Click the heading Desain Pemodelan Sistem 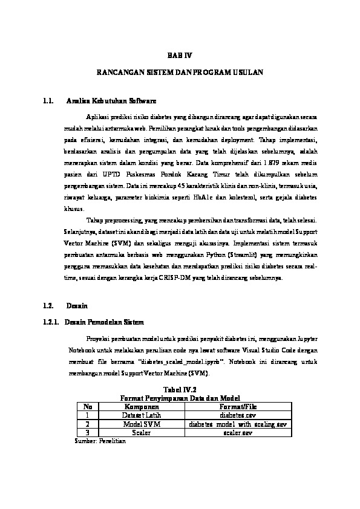[104, 322]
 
